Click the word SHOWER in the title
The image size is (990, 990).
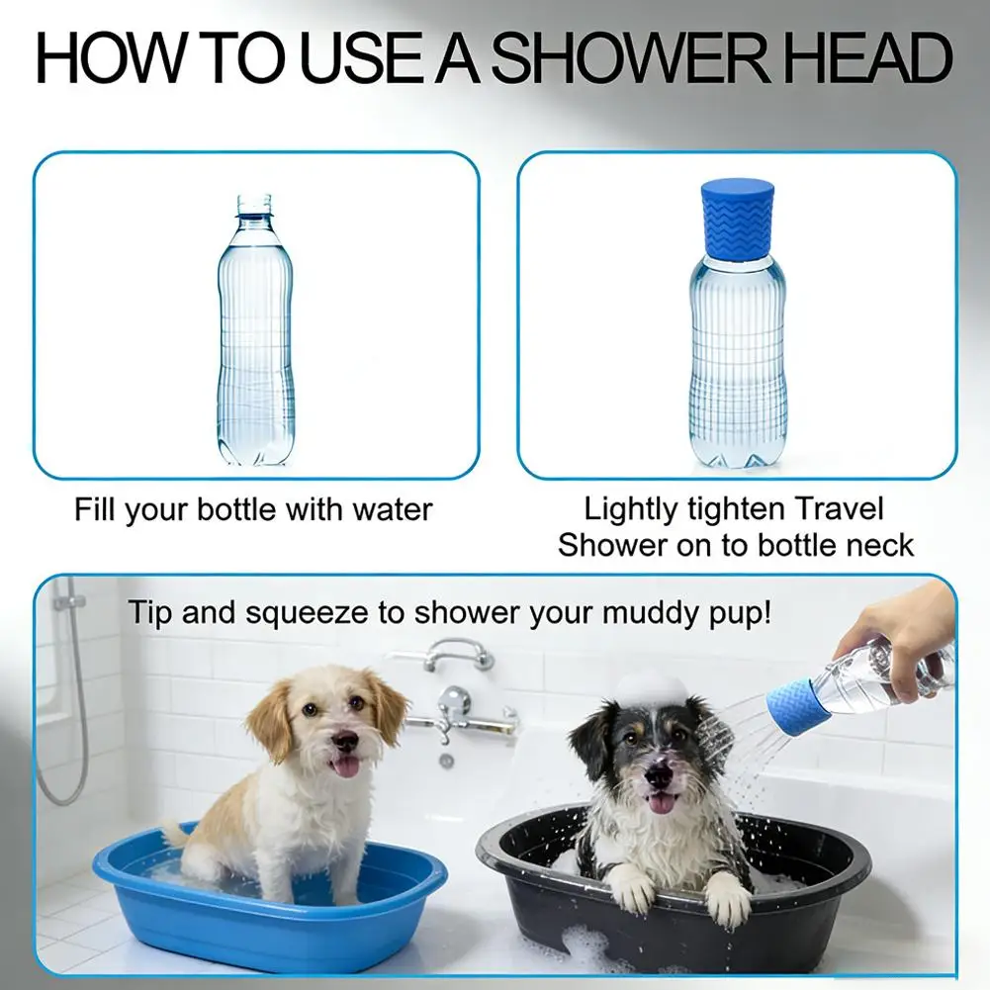tap(630, 57)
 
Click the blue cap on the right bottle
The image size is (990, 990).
tap(738, 220)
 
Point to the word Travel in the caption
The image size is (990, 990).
tap(839, 508)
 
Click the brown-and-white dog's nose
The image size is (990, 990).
tap(345, 741)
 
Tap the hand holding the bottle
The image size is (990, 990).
tap(909, 638)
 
